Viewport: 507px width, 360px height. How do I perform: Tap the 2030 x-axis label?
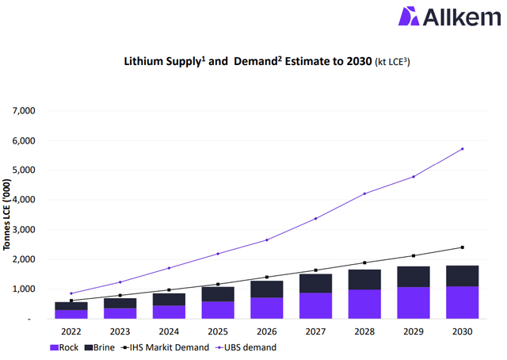click(462, 331)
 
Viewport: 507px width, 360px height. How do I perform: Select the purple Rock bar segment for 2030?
click(462, 302)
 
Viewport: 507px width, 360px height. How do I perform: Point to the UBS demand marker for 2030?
click(463, 148)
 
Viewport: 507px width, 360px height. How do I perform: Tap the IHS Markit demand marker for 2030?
click(463, 247)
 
